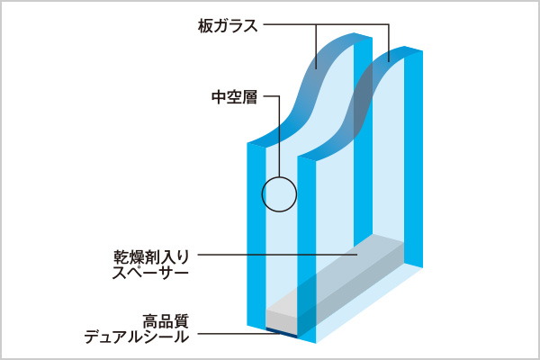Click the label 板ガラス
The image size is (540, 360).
(228, 25)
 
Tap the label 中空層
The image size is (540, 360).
(233, 97)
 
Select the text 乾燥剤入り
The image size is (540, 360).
(152, 256)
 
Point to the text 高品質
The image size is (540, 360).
(166, 320)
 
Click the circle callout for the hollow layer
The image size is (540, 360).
(279, 193)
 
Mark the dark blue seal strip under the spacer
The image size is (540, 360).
(286, 332)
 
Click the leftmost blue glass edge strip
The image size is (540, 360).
(255, 234)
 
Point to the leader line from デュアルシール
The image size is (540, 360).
(234, 335)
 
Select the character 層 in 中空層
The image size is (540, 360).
(249, 97)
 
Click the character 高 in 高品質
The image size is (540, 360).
(149, 320)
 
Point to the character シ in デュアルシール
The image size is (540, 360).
(158, 337)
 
